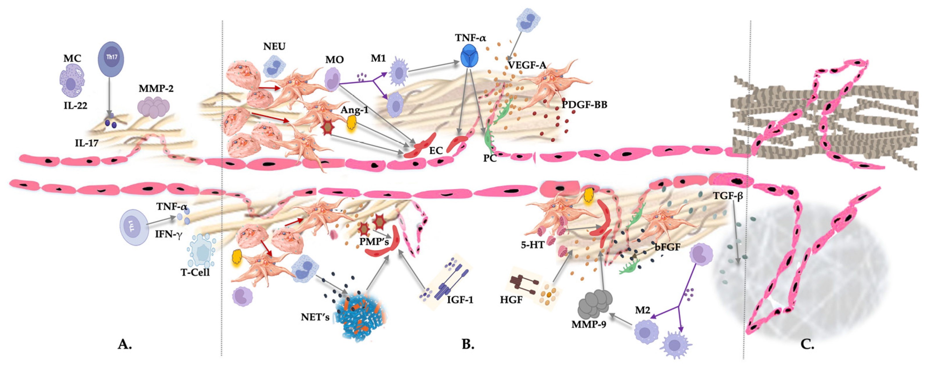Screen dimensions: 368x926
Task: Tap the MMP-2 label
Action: [x=156, y=88]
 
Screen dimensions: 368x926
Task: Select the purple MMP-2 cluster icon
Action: [x=154, y=108]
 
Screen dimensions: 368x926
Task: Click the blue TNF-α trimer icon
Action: [x=469, y=57]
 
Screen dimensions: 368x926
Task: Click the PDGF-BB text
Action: [x=584, y=105]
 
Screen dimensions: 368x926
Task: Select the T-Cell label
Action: [x=195, y=272]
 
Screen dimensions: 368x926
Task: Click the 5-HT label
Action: [x=533, y=245]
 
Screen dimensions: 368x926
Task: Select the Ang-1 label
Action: [x=354, y=110]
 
